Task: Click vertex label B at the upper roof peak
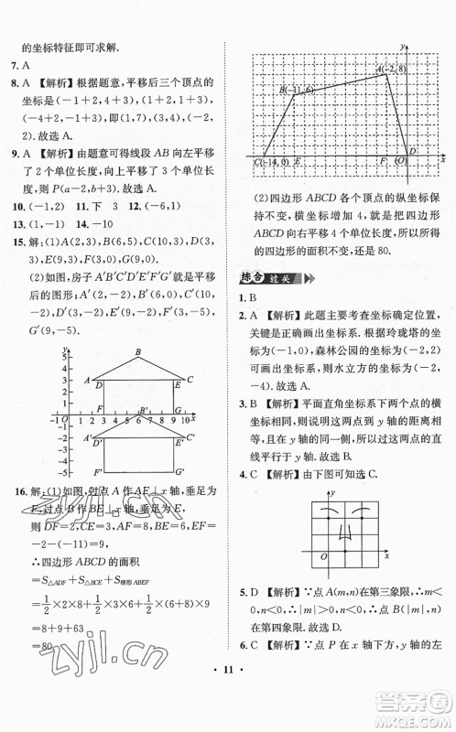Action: click(x=137, y=352)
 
